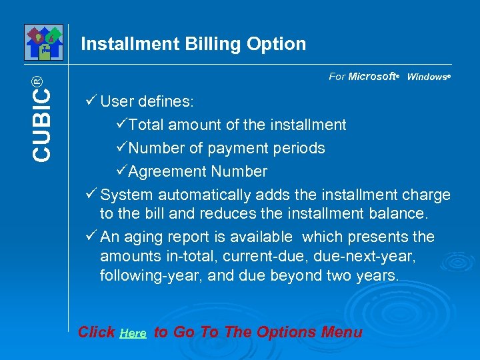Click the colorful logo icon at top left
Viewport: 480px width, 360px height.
43,41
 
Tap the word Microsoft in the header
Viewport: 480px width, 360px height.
372,77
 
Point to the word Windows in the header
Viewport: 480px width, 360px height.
427,77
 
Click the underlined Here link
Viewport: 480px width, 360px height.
133,333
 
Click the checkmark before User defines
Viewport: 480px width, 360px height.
92,101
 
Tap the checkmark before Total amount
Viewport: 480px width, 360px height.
121,125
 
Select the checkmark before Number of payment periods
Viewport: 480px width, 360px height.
121,148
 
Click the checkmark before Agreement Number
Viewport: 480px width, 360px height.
121,171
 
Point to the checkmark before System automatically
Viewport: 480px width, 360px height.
92,194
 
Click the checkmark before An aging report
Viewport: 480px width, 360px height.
92,237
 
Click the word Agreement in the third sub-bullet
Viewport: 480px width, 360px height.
168,172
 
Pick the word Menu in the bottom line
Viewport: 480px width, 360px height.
341,332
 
